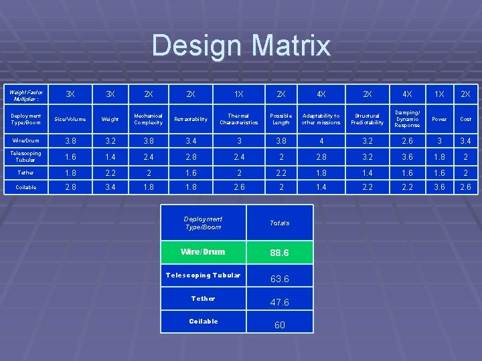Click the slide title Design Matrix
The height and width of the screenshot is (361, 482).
[x=241, y=45]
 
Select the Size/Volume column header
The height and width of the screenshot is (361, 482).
[x=70, y=119]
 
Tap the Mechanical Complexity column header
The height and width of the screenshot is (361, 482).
[x=148, y=119]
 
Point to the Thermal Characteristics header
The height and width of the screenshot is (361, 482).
[x=238, y=119]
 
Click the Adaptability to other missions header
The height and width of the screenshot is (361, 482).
[x=321, y=119]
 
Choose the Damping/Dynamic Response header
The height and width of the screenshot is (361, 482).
[x=407, y=119]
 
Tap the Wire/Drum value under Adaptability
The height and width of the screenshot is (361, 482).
[x=321, y=140]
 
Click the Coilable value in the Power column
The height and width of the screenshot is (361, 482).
[x=439, y=187]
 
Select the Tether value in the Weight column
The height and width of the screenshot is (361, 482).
[x=110, y=172]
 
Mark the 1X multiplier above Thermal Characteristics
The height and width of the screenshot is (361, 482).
[x=238, y=94]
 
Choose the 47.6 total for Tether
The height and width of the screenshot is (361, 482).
[x=279, y=302]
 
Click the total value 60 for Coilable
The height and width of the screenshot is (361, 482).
[x=279, y=325]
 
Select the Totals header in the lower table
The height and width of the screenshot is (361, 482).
[x=279, y=223]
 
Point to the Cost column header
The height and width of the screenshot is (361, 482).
[x=465, y=119]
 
